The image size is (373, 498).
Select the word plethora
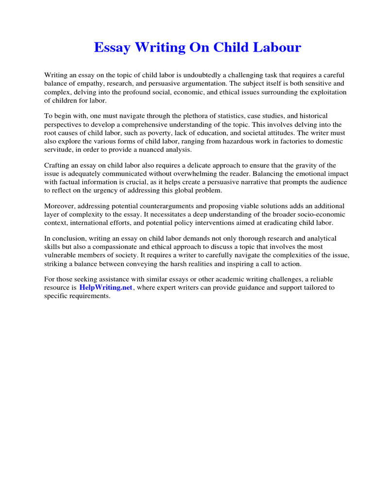coord(163,116)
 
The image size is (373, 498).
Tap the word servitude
coord(60,149)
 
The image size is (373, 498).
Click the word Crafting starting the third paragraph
coord(58,166)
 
